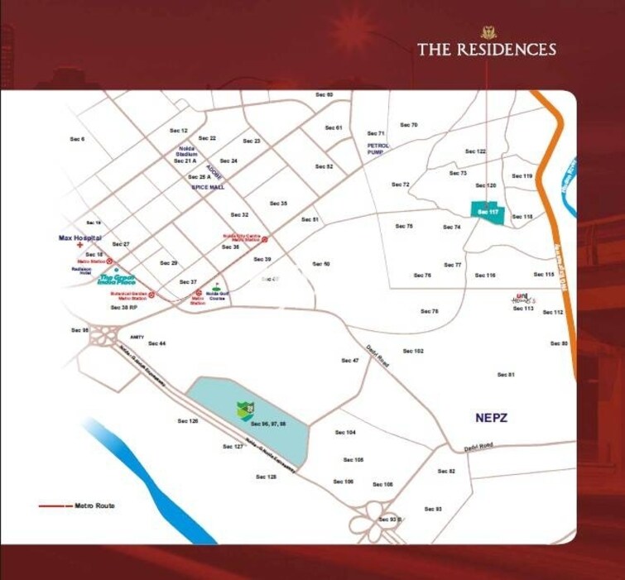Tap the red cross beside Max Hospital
click(x=79, y=246)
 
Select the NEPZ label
click(x=492, y=418)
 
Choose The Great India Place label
click(x=117, y=280)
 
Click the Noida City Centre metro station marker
click(x=264, y=239)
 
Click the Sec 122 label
click(x=475, y=151)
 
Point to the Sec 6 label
click(x=78, y=139)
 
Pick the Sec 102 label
click(x=413, y=351)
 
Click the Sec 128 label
click(x=266, y=477)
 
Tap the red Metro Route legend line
click(x=55, y=506)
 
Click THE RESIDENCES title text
click(x=486, y=49)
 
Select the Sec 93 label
click(x=433, y=509)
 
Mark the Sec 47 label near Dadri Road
click(x=350, y=361)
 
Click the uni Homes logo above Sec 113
click(x=522, y=298)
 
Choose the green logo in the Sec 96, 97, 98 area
click(x=245, y=408)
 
